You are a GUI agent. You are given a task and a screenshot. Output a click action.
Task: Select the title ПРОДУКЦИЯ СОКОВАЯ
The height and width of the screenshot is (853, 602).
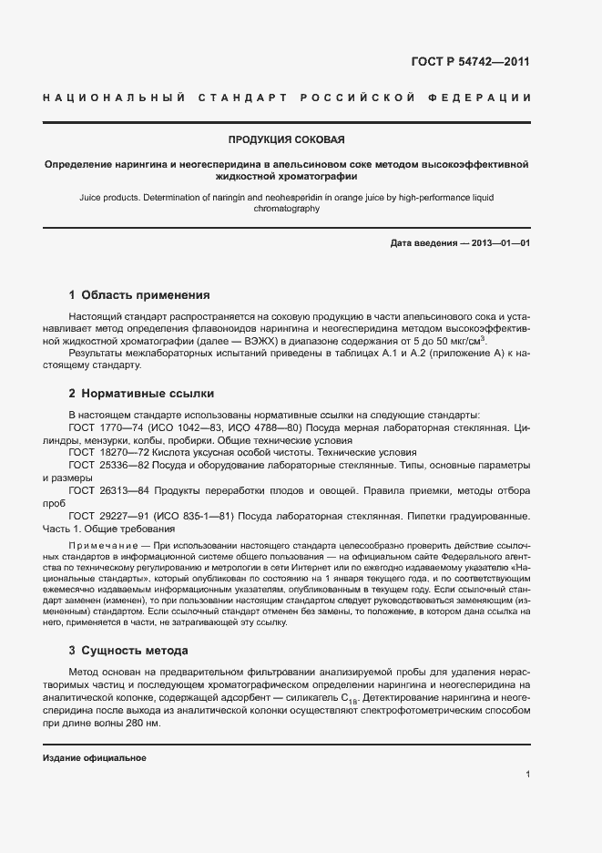click(286, 139)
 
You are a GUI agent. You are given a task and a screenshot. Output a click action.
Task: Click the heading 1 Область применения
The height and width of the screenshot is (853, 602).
click(139, 295)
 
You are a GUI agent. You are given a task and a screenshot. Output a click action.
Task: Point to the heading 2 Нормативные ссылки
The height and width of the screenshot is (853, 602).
click(141, 394)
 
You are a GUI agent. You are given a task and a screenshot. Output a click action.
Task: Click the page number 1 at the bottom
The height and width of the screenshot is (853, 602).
click(528, 774)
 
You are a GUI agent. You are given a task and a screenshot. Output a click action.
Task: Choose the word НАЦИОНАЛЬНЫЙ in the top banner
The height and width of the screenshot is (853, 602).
click(114, 97)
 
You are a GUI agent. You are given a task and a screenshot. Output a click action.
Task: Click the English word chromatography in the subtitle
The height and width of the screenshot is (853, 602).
click(286, 209)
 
